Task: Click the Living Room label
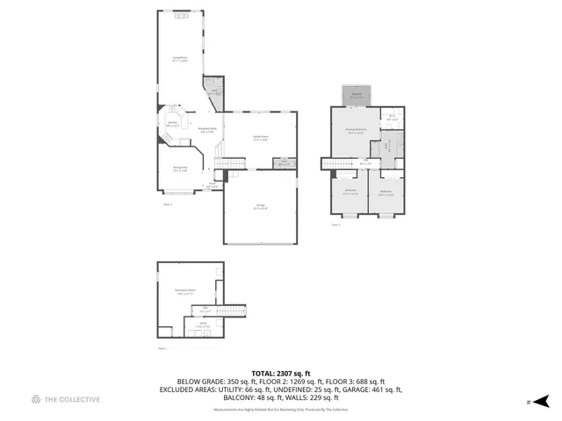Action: click(x=180, y=59)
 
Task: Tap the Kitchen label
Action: click(x=173, y=124)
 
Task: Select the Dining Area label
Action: click(x=179, y=168)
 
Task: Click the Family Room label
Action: click(x=260, y=138)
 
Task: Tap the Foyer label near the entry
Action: click(x=211, y=185)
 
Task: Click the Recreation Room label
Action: click(x=184, y=291)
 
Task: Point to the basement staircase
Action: click(x=227, y=312)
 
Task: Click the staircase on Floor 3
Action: click(x=337, y=162)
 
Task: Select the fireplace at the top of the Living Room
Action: click(x=181, y=15)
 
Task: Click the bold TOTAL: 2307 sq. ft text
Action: click(x=280, y=374)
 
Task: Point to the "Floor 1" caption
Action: click(x=162, y=348)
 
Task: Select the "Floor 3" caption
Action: click(x=335, y=225)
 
